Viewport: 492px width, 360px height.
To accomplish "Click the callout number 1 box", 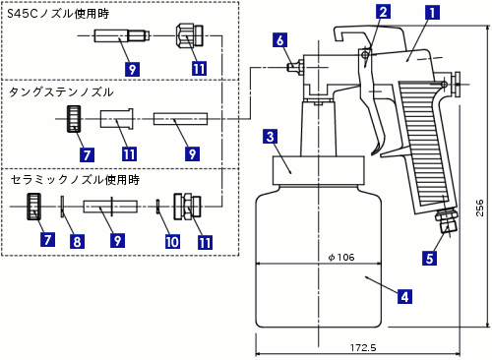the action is pyautogui.click(x=432, y=13).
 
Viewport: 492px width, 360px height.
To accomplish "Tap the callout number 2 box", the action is pyautogui.click(x=383, y=12).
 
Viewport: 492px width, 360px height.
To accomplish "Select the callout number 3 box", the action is pyautogui.click(x=271, y=137).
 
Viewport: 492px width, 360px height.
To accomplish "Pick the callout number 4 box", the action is pyautogui.click(x=404, y=296).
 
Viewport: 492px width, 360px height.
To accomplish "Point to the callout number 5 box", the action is pyautogui.click(x=430, y=258).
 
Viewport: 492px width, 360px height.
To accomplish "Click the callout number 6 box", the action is pyautogui.click(x=279, y=40).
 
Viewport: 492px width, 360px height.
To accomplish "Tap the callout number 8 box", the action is pyautogui.click(x=77, y=241).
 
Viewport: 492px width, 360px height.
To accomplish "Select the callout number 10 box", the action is pyautogui.click(x=172, y=242).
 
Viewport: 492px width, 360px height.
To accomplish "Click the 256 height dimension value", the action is pyautogui.click(x=479, y=208).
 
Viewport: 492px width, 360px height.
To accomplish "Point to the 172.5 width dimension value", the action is pyautogui.click(x=363, y=347).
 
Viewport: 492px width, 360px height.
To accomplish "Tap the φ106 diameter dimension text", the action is pyautogui.click(x=341, y=257).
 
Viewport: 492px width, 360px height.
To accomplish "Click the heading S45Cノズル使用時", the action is pyautogui.click(x=58, y=14).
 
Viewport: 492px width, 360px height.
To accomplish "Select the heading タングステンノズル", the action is pyautogui.click(x=61, y=92).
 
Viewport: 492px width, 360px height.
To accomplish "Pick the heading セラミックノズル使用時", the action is pyautogui.click(x=75, y=179).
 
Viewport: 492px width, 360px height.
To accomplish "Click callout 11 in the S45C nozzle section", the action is pyautogui.click(x=199, y=69).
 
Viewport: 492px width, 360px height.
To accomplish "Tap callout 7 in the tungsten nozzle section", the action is pyautogui.click(x=87, y=154).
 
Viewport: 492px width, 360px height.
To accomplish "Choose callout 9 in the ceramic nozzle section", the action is pyautogui.click(x=117, y=240).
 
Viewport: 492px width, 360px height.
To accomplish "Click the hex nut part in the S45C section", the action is pyautogui.click(x=190, y=34).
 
